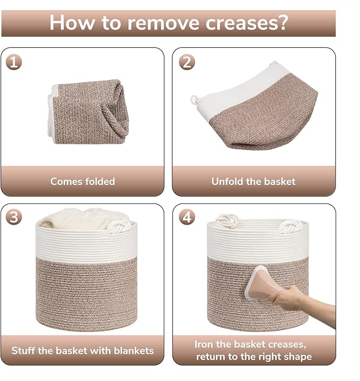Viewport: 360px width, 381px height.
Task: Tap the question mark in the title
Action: pos(283,22)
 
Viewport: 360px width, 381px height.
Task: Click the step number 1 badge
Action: pos(14,62)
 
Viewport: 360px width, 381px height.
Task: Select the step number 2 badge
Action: pos(187,62)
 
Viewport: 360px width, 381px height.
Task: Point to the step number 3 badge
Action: pos(14,217)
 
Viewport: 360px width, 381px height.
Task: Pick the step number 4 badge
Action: pos(187,217)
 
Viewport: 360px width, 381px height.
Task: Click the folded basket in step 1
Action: pos(88,111)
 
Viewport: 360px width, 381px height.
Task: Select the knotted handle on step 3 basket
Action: pos(119,226)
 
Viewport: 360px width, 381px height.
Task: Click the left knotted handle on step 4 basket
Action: pos(227,221)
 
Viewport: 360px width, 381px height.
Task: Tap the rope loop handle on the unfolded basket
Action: pos(195,99)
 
